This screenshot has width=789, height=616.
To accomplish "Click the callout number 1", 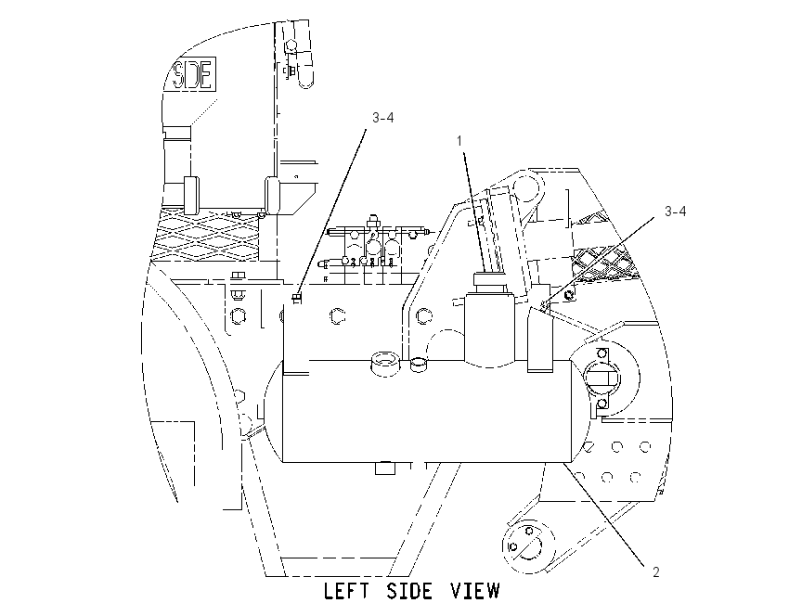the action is tap(459, 141).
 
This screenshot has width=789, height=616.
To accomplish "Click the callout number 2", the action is tap(655, 571).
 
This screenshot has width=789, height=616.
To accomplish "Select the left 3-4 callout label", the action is tap(383, 118).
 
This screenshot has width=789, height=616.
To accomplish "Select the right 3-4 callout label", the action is tap(675, 212).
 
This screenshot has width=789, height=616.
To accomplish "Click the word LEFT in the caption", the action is tap(344, 591).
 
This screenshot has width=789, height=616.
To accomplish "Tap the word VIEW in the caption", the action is tap(474, 591).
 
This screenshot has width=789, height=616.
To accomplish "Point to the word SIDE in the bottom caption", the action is tap(409, 591).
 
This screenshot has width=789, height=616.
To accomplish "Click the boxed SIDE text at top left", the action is tap(193, 73).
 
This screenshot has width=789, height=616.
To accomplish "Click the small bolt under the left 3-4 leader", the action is tap(297, 298).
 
